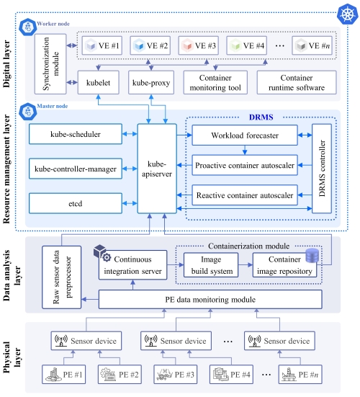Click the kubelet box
98,83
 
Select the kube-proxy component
151,83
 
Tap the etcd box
76,203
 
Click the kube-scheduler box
76,134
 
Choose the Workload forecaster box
245,135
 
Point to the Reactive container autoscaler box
245,195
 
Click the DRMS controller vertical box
322,169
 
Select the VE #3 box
198,45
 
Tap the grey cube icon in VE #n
301,46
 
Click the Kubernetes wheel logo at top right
348,14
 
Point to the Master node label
53,106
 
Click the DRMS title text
261,117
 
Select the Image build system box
211,265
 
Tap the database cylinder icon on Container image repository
312,256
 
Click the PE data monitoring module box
210,300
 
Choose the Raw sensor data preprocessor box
62,277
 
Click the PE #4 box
232,374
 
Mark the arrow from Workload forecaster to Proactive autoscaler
245,150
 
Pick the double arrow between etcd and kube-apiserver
130,203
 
